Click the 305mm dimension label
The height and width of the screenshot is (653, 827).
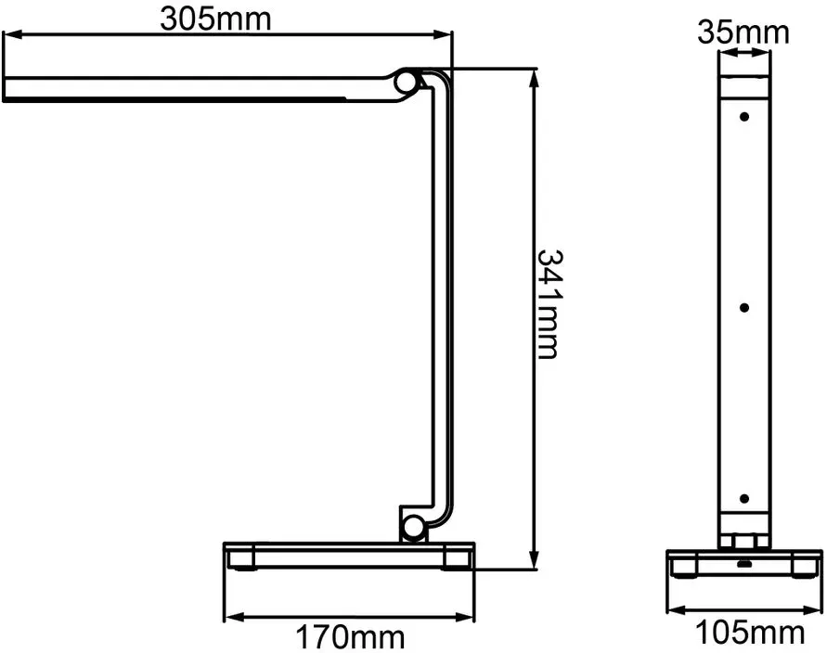point(215,19)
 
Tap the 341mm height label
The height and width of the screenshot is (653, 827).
point(550,304)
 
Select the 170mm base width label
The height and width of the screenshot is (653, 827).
point(350,636)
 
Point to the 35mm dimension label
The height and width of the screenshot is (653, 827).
point(743,32)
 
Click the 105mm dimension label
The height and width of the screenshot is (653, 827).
point(751,632)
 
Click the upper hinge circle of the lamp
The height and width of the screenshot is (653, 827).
point(406,83)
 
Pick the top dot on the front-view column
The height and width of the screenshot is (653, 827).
point(744,117)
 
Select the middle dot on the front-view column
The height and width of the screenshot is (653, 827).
point(744,307)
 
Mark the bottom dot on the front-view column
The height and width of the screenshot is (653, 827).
point(744,498)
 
